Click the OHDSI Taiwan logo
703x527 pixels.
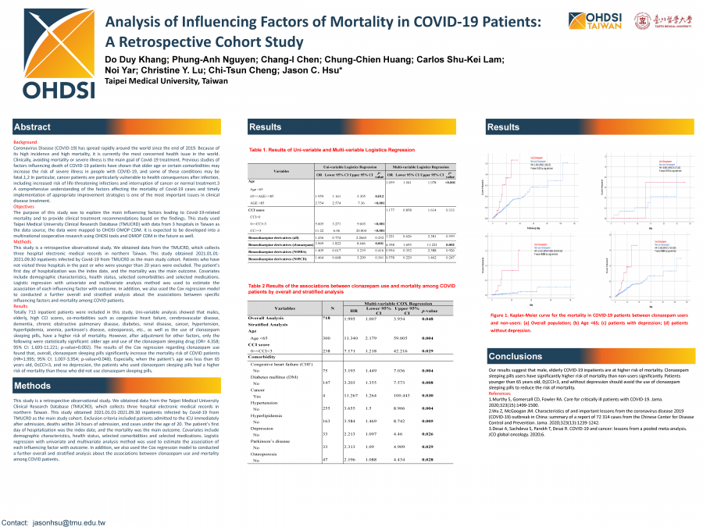[x=587, y=21]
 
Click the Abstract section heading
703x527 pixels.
[x=33, y=127]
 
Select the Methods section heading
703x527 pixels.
[x=33, y=386]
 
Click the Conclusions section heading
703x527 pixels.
[x=515, y=356]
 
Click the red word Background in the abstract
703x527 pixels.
[x=25, y=142]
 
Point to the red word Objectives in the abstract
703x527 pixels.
[x=24, y=207]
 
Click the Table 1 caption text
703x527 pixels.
[x=331, y=149]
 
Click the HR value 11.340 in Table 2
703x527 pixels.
[x=351, y=337]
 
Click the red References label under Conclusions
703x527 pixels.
[x=499, y=393]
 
